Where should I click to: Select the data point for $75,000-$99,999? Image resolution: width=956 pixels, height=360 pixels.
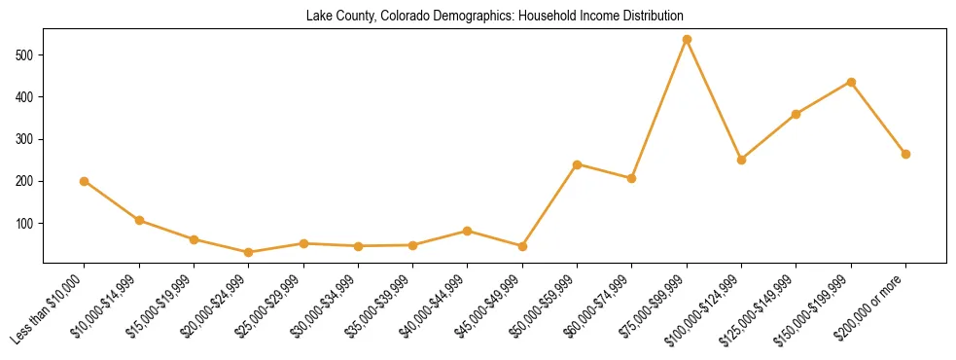point(687,40)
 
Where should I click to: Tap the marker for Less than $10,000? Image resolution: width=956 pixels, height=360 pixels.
point(85,181)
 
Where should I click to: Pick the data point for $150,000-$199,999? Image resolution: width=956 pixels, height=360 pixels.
point(851,82)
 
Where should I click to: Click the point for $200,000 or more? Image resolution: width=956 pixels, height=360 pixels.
point(905,154)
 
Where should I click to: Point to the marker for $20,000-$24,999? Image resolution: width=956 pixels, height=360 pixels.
point(249,252)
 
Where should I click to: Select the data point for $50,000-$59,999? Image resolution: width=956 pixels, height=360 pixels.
point(578,164)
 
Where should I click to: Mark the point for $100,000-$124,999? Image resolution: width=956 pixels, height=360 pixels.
point(741,160)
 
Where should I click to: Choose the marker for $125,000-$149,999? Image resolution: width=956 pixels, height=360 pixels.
point(797,114)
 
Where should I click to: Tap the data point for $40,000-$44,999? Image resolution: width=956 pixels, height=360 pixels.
point(468,231)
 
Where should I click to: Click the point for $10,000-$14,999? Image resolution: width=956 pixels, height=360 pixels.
point(139,220)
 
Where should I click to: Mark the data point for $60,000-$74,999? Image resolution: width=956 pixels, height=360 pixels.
point(632,178)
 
